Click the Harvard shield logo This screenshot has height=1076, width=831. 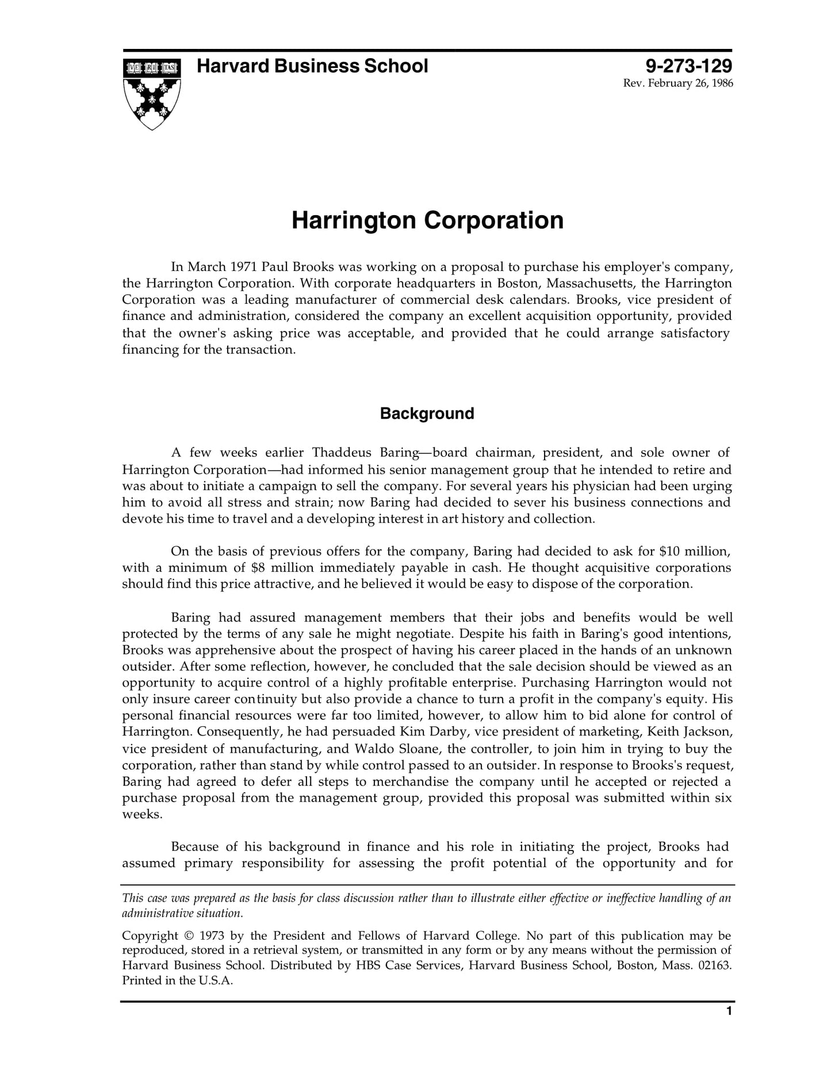pos(152,93)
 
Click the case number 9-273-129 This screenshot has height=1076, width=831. pos(688,66)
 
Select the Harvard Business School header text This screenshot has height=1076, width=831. pos(312,66)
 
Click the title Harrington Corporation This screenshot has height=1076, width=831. pos(427,220)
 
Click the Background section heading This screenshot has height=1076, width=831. pos(427,414)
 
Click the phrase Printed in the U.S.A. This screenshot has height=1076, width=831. pos(177,981)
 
